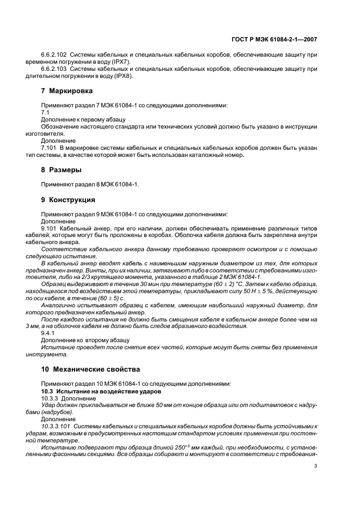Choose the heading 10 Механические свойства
tap(90, 369)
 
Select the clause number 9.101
tap(50, 229)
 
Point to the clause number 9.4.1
tap(48, 332)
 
